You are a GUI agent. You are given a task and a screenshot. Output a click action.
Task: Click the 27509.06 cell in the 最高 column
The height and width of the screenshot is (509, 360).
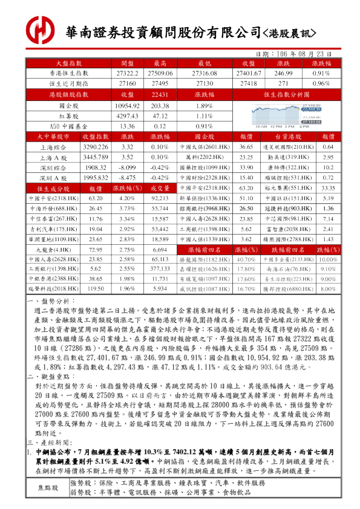[x=160, y=73]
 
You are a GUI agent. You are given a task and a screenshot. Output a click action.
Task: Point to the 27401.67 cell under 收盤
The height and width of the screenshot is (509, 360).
[x=249, y=73]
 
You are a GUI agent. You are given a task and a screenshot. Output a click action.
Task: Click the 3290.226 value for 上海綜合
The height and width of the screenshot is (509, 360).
[x=95, y=147]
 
